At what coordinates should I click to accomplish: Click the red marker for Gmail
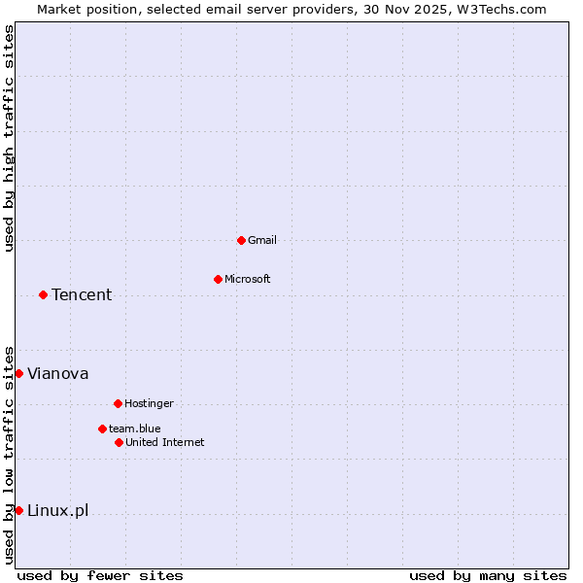click(x=241, y=240)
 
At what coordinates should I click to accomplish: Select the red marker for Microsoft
click(x=218, y=279)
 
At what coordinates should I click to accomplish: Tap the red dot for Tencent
click(x=43, y=294)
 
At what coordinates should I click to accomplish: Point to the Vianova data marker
click(x=18, y=373)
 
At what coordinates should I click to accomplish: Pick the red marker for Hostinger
click(x=118, y=403)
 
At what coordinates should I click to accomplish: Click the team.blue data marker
click(x=102, y=429)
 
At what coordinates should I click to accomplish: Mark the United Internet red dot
click(x=119, y=442)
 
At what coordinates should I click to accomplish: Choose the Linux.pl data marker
click(x=18, y=510)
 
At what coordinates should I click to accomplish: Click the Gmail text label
click(x=262, y=240)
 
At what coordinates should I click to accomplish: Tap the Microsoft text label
click(x=248, y=279)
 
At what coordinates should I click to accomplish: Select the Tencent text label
click(x=82, y=295)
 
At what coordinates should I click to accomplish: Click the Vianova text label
click(x=58, y=374)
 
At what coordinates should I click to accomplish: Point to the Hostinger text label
click(x=149, y=403)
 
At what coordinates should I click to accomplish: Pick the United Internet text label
click(x=165, y=442)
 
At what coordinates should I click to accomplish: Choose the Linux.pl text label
click(x=58, y=511)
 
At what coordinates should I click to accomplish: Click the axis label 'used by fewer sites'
click(x=100, y=575)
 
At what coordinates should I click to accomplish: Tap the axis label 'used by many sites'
click(x=488, y=575)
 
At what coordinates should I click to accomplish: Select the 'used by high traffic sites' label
click(x=9, y=138)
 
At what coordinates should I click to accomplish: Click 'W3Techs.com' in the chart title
click(x=502, y=9)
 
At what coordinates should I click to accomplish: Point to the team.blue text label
click(x=135, y=429)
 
